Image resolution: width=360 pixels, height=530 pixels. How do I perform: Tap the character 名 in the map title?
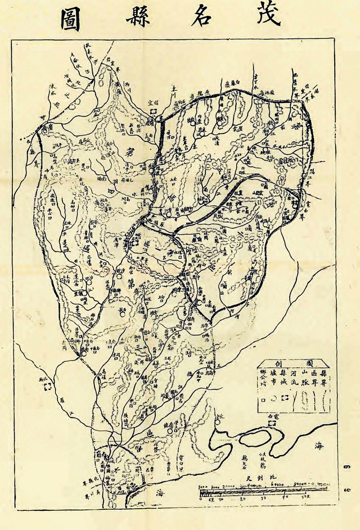(201, 19)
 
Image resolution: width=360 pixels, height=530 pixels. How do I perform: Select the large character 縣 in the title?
(134, 19)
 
